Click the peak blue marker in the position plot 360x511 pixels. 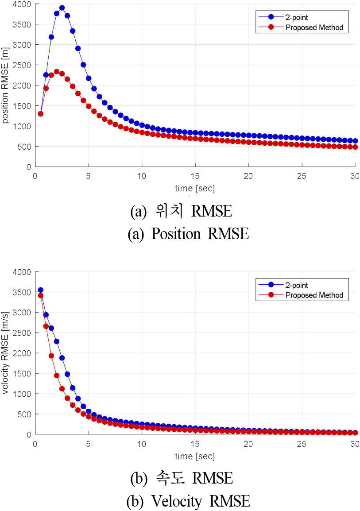tap(62, 8)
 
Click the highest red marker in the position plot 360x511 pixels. tap(57, 71)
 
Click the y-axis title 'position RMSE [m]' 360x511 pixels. tap(6, 85)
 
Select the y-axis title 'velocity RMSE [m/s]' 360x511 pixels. tap(6, 353)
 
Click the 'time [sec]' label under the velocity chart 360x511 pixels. tap(195, 456)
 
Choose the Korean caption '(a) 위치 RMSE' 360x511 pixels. tap(181, 211)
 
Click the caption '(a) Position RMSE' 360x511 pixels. tap(188, 234)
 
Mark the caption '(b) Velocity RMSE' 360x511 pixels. tap(188, 502)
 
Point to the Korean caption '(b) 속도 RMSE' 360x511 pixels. tap(182, 478)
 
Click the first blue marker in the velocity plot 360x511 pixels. tap(41, 290)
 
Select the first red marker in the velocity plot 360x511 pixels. tap(41, 295)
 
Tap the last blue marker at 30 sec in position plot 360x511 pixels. tap(355, 141)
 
